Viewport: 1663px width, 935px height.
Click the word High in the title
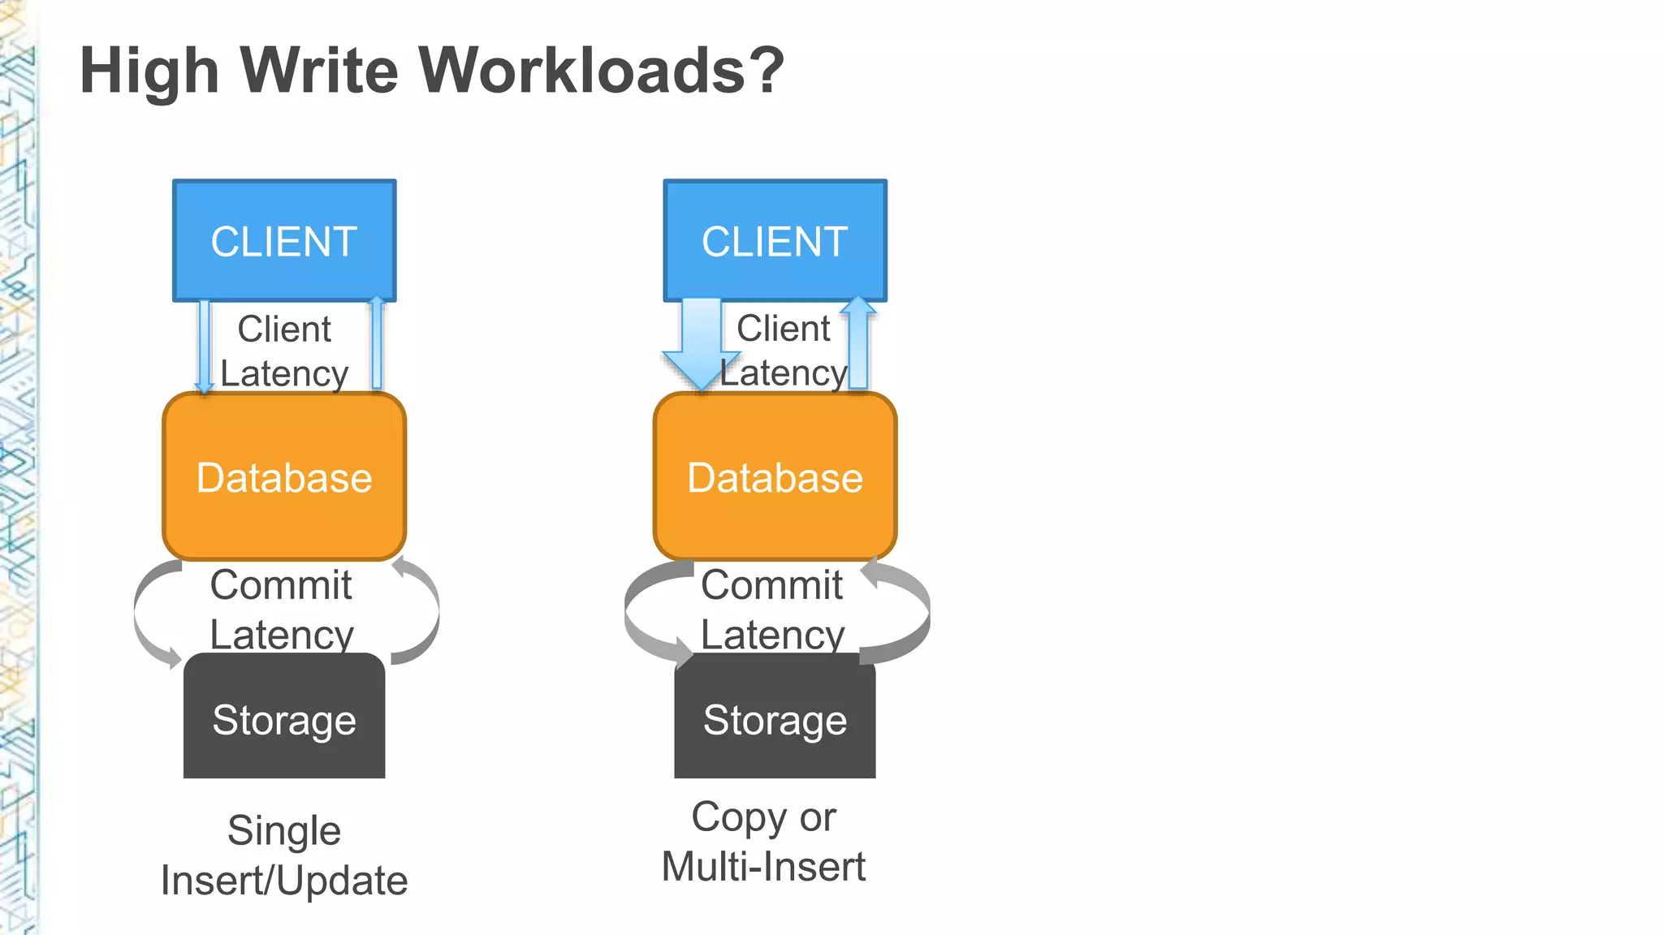point(149,71)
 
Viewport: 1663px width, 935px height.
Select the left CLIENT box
point(284,241)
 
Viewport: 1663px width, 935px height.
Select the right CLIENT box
point(775,241)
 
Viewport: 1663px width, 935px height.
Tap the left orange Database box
point(284,477)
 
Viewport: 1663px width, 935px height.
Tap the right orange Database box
point(775,477)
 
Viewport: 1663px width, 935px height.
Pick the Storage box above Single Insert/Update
point(284,718)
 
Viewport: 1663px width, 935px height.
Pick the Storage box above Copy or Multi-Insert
point(775,718)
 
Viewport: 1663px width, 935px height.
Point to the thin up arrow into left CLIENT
point(376,344)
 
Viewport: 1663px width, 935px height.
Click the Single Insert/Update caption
point(284,855)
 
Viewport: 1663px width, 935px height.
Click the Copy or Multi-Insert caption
point(763,842)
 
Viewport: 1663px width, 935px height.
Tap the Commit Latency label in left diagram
point(281,609)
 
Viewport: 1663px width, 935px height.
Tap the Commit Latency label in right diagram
point(772,609)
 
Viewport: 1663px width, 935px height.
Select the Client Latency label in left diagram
point(284,351)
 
